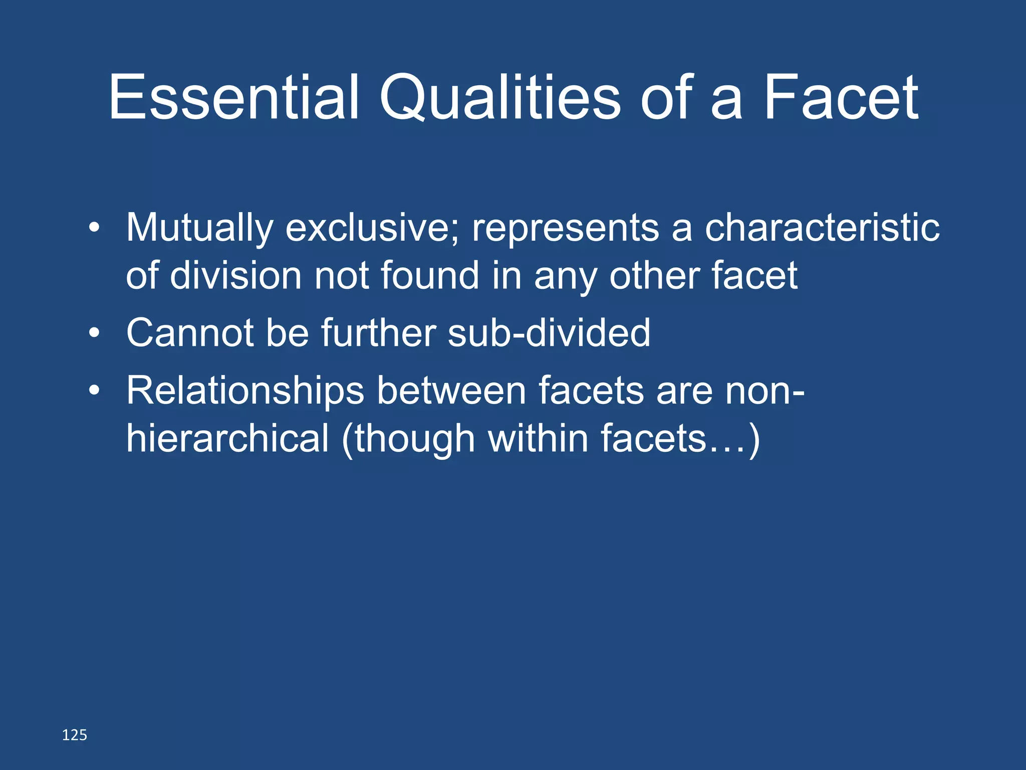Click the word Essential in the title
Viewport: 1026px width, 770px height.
(x=233, y=97)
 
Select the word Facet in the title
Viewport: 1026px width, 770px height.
(x=841, y=97)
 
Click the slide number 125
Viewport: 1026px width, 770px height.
(x=74, y=735)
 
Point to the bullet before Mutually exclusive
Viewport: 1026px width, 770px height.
(x=94, y=229)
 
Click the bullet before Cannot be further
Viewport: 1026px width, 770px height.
(x=94, y=333)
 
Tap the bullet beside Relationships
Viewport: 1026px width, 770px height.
(x=94, y=391)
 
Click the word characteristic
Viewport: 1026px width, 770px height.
(x=822, y=228)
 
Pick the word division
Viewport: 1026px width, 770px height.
(x=235, y=275)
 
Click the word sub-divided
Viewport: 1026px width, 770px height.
(x=549, y=332)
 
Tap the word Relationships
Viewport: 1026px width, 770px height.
(x=245, y=391)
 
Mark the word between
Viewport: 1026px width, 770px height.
(x=451, y=390)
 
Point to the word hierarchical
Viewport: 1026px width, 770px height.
(x=227, y=438)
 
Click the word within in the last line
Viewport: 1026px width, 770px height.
(x=538, y=438)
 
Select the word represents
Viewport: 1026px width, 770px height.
(x=565, y=229)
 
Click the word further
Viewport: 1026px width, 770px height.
(x=378, y=332)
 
